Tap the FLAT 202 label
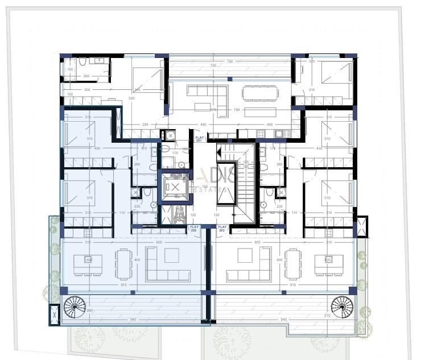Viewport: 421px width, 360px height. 195,229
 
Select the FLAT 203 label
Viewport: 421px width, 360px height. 222,229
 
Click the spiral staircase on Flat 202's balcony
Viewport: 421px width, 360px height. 74,309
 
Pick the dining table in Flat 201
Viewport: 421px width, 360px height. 259,93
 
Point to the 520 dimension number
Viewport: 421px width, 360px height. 131,98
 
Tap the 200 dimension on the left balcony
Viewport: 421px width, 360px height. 89,311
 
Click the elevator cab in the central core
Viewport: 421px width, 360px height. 175,187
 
